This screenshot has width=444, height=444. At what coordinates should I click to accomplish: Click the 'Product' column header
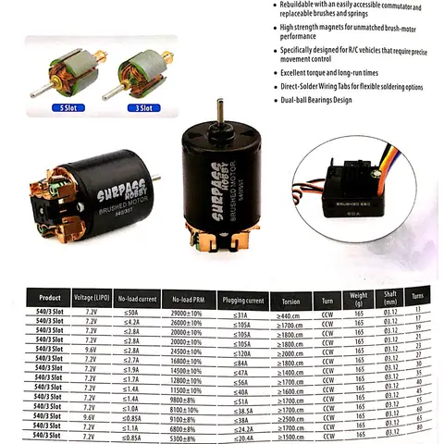click(50, 299)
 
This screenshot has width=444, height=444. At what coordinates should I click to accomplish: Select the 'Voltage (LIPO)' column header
click(91, 299)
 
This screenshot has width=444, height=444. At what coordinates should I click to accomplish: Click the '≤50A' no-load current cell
click(131, 314)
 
